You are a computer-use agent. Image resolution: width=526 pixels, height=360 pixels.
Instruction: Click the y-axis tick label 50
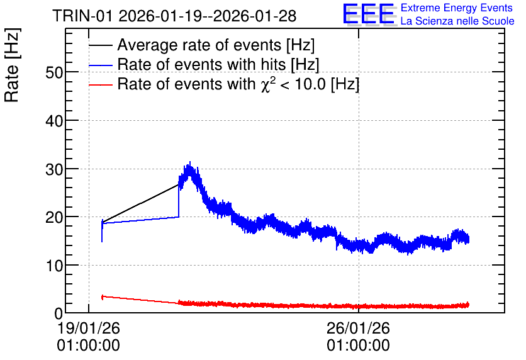54,72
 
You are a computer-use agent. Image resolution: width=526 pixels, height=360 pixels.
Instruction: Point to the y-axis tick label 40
54,121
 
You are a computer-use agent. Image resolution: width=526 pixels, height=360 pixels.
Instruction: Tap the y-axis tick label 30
54,169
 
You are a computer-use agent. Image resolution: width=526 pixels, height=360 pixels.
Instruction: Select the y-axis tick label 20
54,217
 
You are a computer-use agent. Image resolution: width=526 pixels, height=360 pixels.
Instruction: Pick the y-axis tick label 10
54,266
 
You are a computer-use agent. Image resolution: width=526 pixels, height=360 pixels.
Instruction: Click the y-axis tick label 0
59,313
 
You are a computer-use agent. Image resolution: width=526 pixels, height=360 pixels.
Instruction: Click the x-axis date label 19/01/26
89,328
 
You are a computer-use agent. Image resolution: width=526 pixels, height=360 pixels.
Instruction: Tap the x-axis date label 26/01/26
358,328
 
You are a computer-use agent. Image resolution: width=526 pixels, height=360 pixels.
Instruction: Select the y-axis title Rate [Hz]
12,65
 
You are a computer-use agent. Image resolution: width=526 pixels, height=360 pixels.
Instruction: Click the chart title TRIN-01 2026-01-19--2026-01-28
174,16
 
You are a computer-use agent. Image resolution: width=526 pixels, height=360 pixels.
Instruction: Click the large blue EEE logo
369,14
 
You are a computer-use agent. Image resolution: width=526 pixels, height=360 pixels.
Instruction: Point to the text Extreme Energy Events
457,8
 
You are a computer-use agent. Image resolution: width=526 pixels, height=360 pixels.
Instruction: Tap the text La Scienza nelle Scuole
457,21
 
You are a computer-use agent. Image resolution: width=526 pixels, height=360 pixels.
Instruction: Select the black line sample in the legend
101,45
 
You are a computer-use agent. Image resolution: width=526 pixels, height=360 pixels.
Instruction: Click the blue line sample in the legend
101,65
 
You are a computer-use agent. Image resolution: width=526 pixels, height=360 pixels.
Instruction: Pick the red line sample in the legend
101,84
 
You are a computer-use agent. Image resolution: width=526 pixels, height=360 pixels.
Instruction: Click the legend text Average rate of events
199,45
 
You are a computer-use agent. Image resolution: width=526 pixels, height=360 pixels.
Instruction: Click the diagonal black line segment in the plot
140,203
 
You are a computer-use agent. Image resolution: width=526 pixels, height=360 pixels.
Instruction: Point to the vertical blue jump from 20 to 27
179,201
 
